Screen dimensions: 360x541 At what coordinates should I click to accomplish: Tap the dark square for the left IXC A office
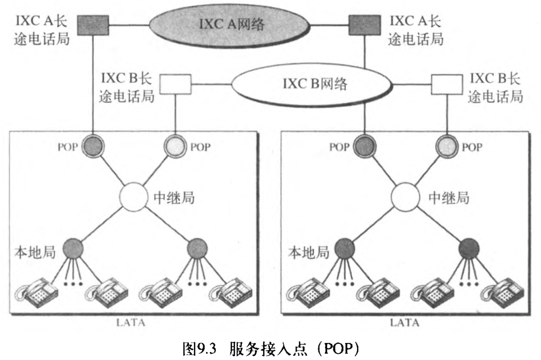tap(93, 23)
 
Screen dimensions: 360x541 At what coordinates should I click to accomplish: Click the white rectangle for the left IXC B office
tap(176, 84)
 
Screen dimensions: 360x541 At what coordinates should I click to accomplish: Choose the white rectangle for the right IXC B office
tap(445, 84)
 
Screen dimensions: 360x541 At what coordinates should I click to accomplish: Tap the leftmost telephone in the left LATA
tap(36, 292)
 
